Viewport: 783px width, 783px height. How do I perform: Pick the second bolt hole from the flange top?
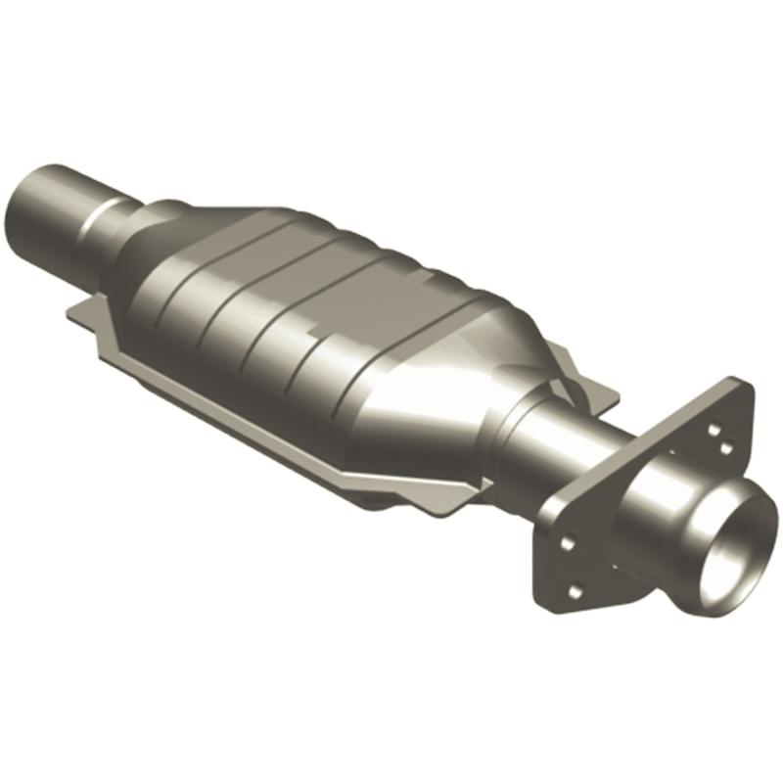[725, 447]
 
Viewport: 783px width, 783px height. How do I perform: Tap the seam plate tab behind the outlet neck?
[587, 391]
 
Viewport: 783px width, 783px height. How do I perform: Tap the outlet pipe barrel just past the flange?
[675, 499]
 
